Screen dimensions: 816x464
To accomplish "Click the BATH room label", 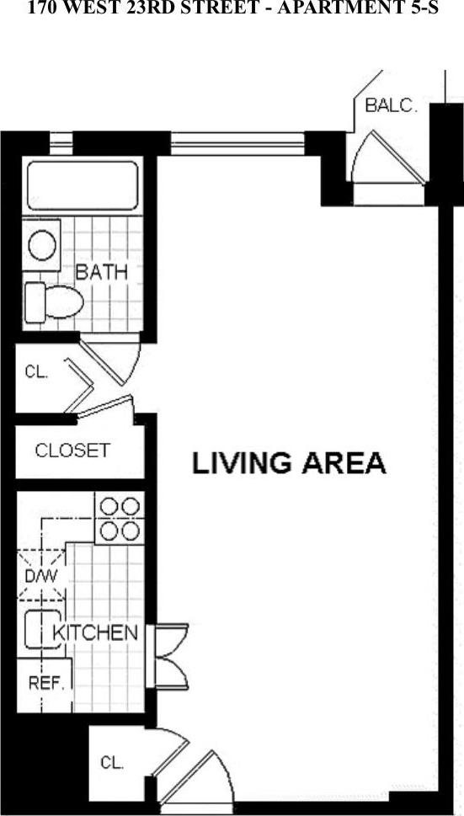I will [x=102, y=272].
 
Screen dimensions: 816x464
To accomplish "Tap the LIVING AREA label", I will [x=289, y=463].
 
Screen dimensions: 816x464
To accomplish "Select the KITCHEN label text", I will [x=95, y=632].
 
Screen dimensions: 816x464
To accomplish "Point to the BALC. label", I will [x=390, y=107].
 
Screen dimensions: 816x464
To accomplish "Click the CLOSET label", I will [x=72, y=451].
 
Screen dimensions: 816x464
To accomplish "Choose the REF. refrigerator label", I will [x=47, y=683].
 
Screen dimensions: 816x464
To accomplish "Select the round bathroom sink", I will [x=42, y=246].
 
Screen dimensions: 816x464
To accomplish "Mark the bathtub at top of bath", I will [x=82, y=185].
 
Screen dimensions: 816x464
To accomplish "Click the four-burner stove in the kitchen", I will [x=118, y=518].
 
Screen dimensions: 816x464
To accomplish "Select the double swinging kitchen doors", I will [x=172, y=657].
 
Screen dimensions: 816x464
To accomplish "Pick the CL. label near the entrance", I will [x=112, y=763].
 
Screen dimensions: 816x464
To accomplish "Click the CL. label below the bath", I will [x=36, y=372].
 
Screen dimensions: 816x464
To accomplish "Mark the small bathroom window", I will [x=61, y=145].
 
